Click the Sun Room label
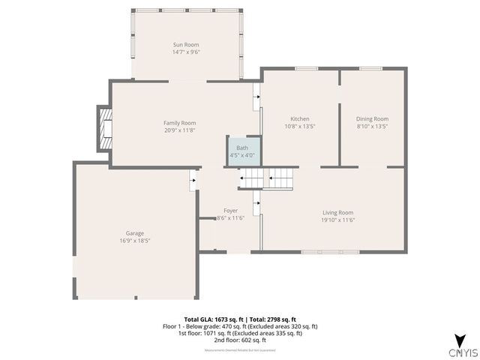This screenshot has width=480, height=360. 186,45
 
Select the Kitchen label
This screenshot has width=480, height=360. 300,118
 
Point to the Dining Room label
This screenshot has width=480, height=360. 372,118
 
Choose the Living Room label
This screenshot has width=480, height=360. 337,212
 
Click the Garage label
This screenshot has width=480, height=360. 135,233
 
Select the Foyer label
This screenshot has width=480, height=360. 231,211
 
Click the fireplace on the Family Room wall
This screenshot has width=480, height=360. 105,129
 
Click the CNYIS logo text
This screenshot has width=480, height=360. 458,352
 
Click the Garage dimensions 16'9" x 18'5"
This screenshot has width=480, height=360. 135,241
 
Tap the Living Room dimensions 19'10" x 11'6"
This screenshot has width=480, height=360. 337,220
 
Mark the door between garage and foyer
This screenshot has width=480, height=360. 193,180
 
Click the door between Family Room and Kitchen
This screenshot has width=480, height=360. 256,93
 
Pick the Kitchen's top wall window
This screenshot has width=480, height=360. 306,69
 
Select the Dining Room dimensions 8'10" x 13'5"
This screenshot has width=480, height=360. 372,127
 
